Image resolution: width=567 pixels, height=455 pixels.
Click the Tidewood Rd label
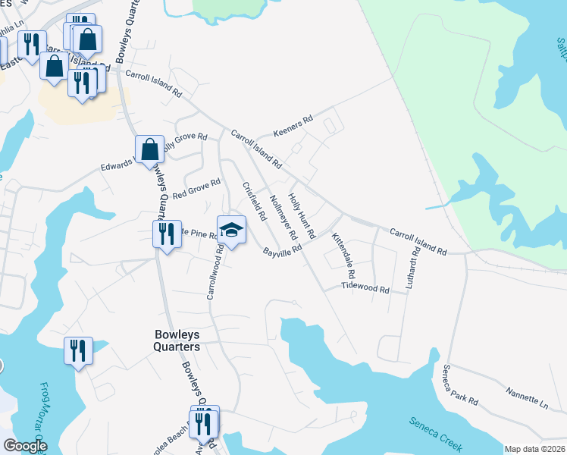(x=365, y=289)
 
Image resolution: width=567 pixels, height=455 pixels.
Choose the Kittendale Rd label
(x=343, y=255)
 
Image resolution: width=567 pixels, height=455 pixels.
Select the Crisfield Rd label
(x=254, y=201)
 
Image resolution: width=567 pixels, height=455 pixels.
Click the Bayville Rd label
(x=282, y=251)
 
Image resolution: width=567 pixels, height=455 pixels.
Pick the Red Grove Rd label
(x=196, y=189)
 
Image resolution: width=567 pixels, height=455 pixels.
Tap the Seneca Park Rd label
(x=461, y=384)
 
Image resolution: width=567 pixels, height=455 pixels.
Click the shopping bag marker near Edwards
(x=150, y=149)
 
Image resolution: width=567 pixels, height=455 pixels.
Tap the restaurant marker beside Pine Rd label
(x=164, y=233)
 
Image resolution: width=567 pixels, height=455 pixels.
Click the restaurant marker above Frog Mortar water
(x=78, y=350)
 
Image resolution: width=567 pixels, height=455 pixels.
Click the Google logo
(x=25, y=446)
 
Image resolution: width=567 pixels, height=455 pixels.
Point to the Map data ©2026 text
(x=534, y=449)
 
